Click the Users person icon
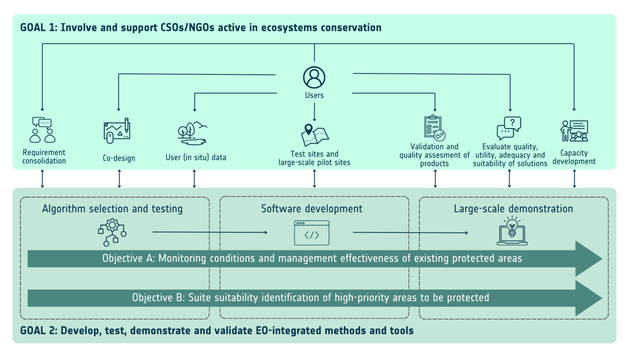[314, 78]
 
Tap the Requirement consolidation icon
[42, 130]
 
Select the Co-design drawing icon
[117, 131]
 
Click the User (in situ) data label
[195, 158]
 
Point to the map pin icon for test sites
[315, 135]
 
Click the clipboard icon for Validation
[435, 128]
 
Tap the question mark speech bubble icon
[509, 128]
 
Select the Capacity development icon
[574, 131]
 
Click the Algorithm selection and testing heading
[112, 209]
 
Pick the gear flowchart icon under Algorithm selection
[112, 232]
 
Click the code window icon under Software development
[312, 233]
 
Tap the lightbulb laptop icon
[512, 231]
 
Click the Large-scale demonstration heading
[513, 209]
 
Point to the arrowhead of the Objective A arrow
[602, 259]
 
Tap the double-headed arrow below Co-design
[119, 179]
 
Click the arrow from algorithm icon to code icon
[210, 232]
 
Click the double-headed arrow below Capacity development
[575, 179]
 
